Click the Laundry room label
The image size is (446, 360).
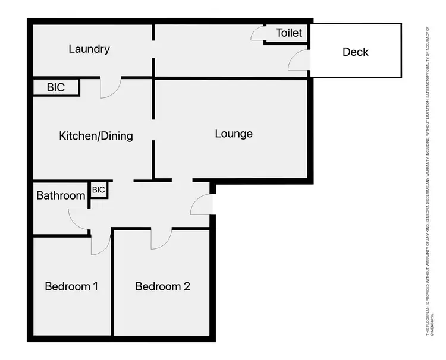pyautogui.click(x=89, y=49)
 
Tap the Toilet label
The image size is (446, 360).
pyautogui.click(x=289, y=33)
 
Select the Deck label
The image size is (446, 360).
pyautogui.click(x=356, y=52)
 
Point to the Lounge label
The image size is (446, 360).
pyautogui.click(x=234, y=134)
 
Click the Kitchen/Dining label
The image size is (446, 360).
pyautogui.click(x=96, y=136)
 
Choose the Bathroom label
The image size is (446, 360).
pyautogui.click(x=61, y=195)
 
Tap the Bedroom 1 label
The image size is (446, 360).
pyautogui.click(x=71, y=286)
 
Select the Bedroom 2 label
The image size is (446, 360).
pyautogui.click(x=162, y=286)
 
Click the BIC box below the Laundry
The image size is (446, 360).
pyautogui.click(x=56, y=87)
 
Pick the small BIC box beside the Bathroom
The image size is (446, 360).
pyautogui.click(x=99, y=190)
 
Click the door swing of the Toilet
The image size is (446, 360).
pyautogui.click(x=258, y=34)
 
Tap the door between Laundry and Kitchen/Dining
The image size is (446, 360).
pyautogui.click(x=111, y=88)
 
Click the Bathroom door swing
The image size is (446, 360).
pyautogui.click(x=78, y=219)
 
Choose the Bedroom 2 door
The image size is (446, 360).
pyautogui.click(x=161, y=239)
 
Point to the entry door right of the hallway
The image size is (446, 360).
pyautogui.click(x=202, y=204)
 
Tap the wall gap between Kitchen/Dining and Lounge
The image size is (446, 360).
pyautogui.click(x=154, y=130)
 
